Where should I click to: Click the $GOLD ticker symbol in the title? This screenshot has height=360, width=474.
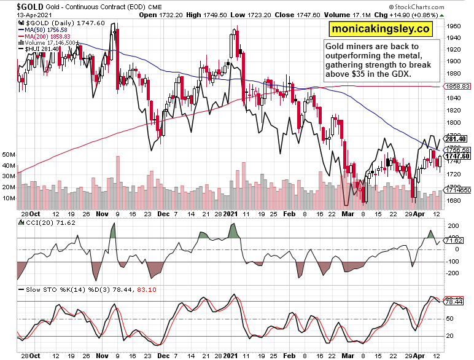click(x=14, y=6)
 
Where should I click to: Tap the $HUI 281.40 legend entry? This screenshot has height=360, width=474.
click(x=41, y=49)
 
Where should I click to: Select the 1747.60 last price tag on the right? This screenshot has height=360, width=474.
click(x=457, y=156)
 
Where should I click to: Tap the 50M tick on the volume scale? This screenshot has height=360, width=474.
click(x=9, y=154)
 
